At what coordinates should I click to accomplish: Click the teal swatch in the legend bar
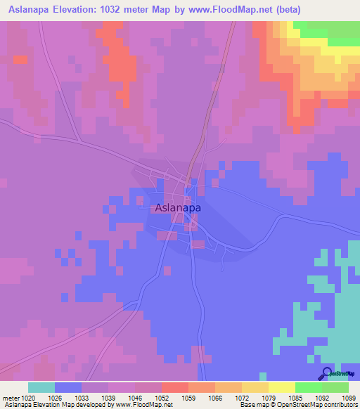click(41, 387)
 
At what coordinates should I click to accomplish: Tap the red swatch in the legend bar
click(174, 387)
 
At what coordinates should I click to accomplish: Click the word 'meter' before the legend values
click(12, 398)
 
